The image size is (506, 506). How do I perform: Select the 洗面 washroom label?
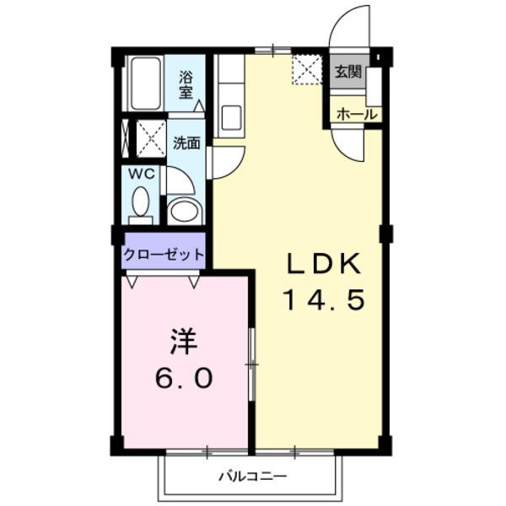[x=186, y=143]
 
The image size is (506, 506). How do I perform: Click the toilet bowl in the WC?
[x=140, y=203]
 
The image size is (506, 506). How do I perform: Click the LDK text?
[x=324, y=265]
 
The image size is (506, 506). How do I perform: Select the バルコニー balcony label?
[x=253, y=477]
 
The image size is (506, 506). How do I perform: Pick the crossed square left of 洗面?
[x=151, y=138]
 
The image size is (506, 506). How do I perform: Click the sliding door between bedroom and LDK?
[x=251, y=363]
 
